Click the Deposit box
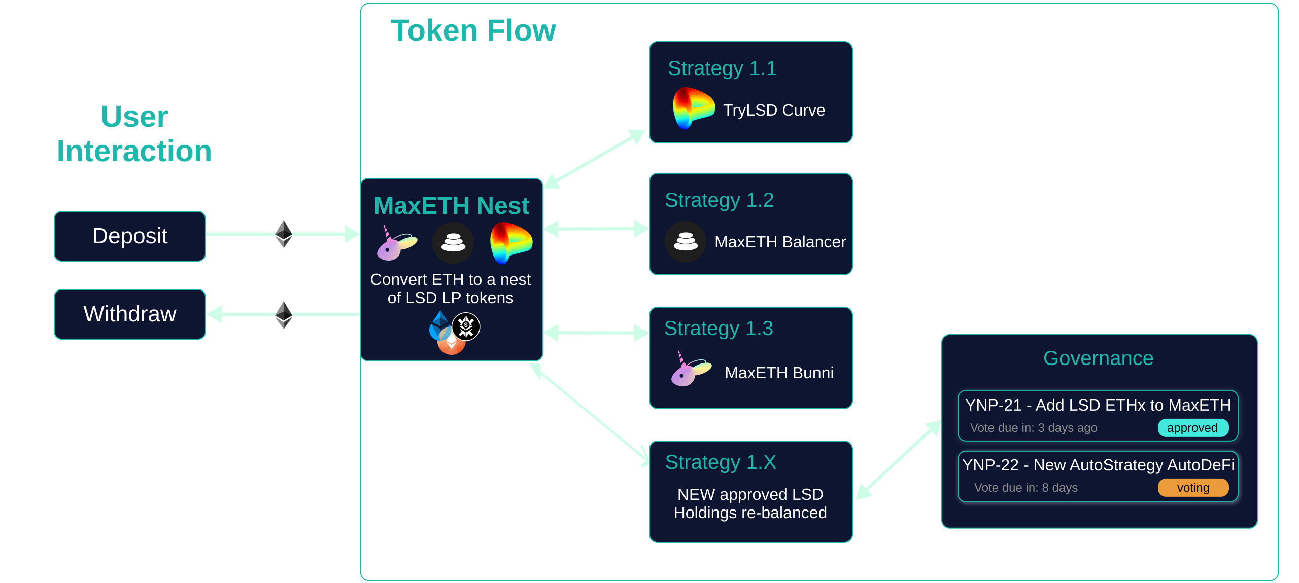(x=130, y=236)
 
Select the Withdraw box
(x=130, y=314)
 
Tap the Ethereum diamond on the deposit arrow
(x=283, y=234)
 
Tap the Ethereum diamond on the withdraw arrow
(x=283, y=315)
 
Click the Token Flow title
(x=473, y=30)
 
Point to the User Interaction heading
(x=134, y=134)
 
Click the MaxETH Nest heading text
(x=451, y=206)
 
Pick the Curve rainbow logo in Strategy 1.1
(x=692, y=108)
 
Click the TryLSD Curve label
(x=774, y=110)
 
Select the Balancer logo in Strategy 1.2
(x=685, y=242)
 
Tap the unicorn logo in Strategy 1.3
(x=690, y=370)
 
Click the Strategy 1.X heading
(x=720, y=462)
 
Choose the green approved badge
(x=1192, y=428)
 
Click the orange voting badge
(x=1192, y=488)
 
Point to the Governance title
(x=1098, y=358)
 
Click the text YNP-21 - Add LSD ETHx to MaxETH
(x=1098, y=405)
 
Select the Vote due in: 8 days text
(x=1025, y=488)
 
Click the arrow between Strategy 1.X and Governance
(x=898, y=460)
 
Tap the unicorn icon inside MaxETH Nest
(x=396, y=244)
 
